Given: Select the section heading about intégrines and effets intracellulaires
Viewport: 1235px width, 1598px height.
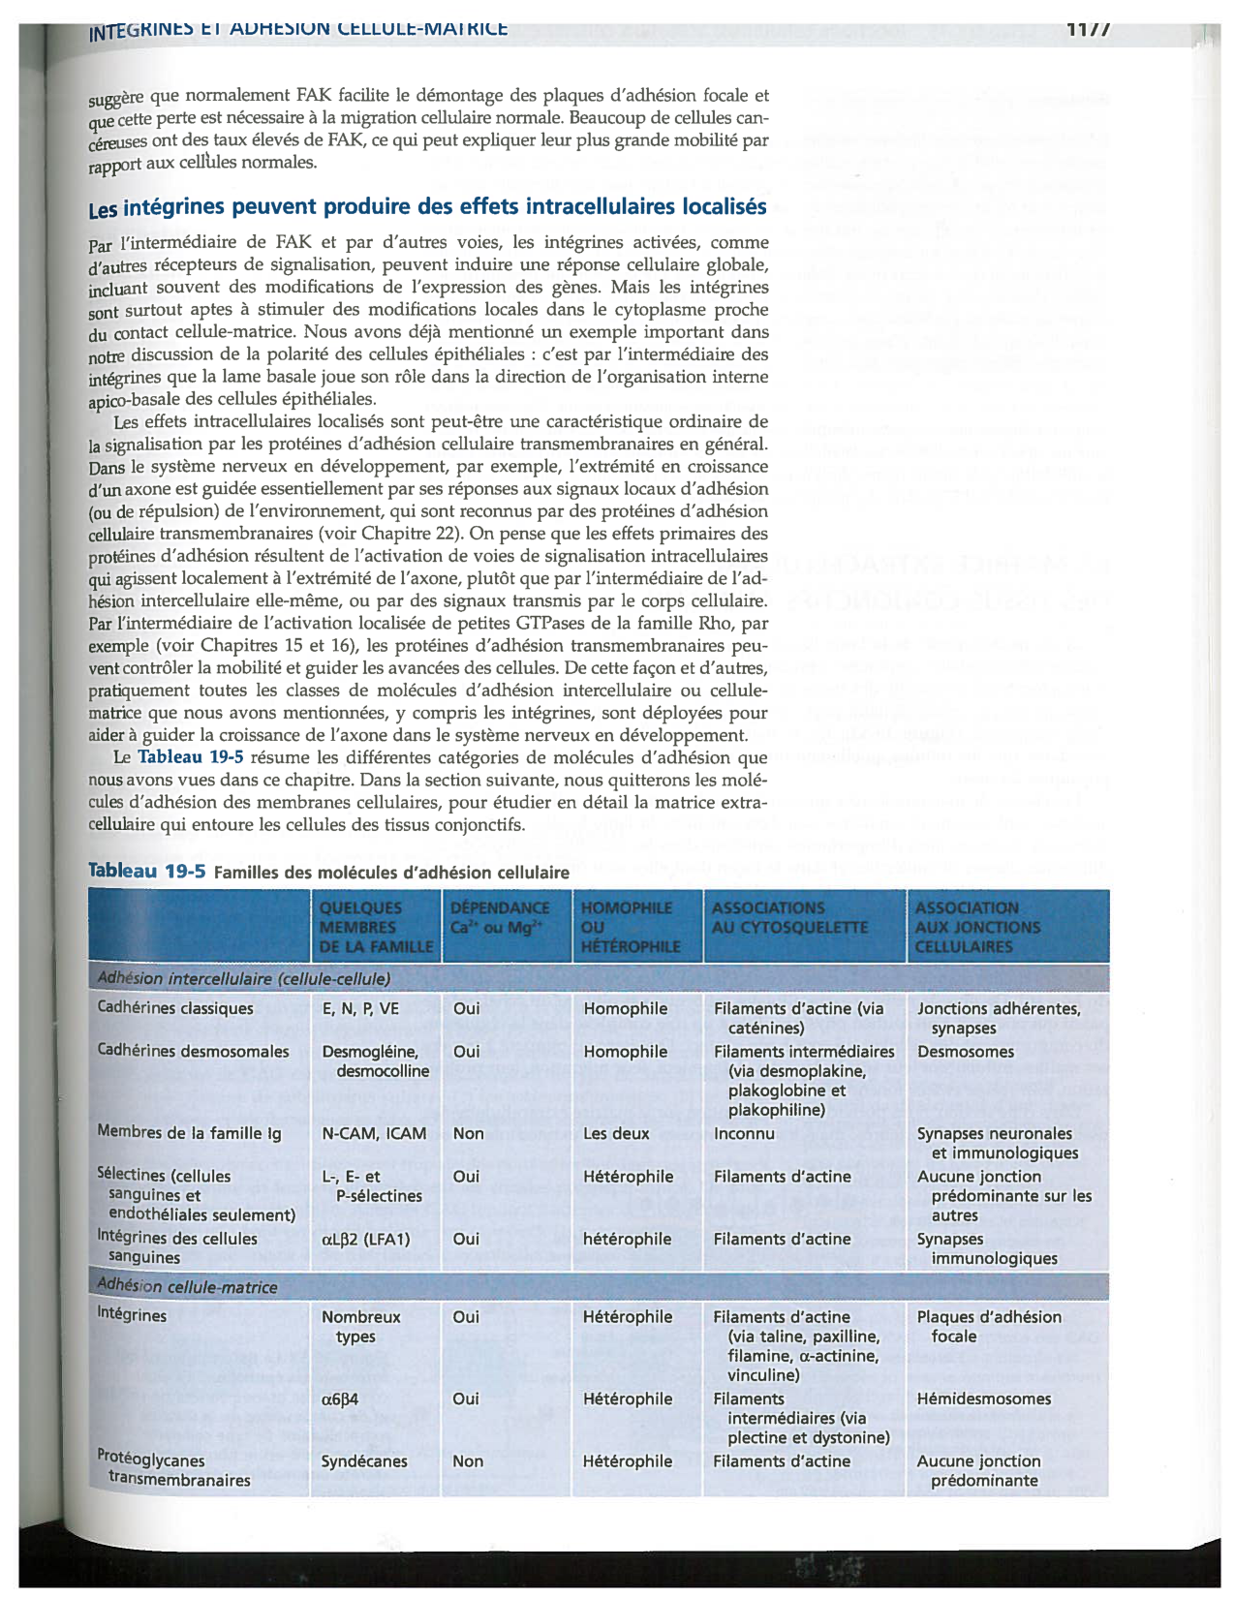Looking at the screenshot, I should click(x=427, y=207).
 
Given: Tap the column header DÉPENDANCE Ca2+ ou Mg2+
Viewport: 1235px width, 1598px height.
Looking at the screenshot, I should click(x=500, y=917).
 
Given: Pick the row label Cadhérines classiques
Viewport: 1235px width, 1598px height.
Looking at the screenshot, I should click(x=174, y=1008).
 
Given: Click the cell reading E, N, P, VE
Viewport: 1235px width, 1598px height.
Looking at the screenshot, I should click(x=360, y=1008).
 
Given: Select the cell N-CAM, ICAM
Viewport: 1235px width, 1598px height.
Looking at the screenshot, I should click(x=374, y=1133).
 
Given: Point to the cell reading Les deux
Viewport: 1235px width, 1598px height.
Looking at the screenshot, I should click(x=616, y=1133).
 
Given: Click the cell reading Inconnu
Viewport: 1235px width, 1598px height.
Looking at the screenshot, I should click(x=744, y=1133).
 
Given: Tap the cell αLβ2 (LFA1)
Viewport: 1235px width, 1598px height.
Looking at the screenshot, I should click(x=366, y=1239).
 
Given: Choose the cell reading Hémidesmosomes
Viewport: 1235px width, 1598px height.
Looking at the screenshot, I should click(x=984, y=1398).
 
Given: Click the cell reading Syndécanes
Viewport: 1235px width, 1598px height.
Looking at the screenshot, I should click(x=364, y=1461).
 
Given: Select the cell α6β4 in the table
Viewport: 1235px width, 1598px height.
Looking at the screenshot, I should click(x=340, y=1398).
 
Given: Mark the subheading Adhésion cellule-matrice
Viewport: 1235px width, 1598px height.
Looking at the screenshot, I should click(x=187, y=1287).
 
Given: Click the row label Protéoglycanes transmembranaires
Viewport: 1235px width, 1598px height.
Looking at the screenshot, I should click(x=172, y=1470).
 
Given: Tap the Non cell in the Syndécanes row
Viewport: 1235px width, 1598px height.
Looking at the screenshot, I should click(x=468, y=1461).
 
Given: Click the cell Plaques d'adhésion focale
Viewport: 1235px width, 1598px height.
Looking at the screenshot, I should click(x=989, y=1327).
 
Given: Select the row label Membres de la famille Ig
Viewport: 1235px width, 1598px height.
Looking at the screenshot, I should click(x=189, y=1132).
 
